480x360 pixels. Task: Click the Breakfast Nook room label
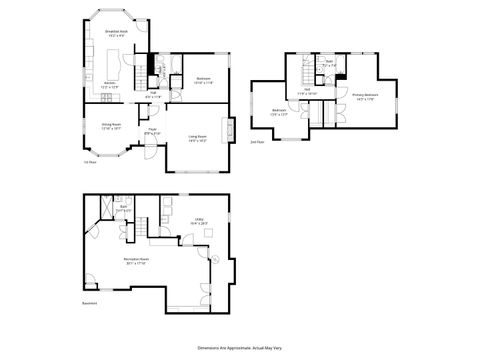coord(116,33)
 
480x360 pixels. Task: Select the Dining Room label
coord(111,127)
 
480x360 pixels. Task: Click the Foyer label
coord(153,130)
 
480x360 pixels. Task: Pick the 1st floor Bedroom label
coord(202,79)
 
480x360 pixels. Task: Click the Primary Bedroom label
coord(362,98)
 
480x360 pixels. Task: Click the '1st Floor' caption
coord(89,163)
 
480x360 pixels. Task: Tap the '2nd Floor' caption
coord(257,143)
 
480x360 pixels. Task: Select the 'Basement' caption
coord(89,303)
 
